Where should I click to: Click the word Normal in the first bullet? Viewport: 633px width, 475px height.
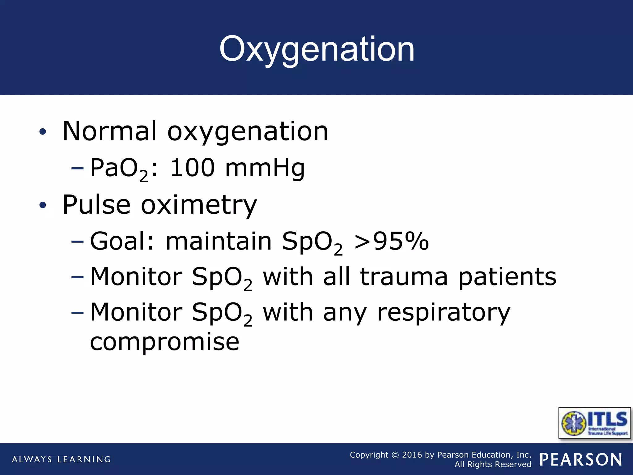click(x=109, y=131)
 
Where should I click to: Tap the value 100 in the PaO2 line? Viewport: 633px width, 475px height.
click(x=192, y=168)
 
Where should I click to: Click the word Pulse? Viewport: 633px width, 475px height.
click(x=96, y=205)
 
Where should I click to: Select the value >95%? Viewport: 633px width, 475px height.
click(x=391, y=241)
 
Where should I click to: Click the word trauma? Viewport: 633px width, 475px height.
click(x=404, y=277)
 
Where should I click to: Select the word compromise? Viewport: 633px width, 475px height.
click(x=164, y=342)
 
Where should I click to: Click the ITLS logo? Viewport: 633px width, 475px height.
click(x=594, y=423)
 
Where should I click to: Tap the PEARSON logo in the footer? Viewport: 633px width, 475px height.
click(x=581, y=460)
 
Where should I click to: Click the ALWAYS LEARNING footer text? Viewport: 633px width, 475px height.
click(x=61, y=459)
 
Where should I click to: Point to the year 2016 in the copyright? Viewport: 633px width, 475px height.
click(x=412, y=455)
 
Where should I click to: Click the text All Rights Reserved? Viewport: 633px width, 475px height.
click(x=493, y=464)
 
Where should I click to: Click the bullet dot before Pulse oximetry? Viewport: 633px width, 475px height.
click(x=43, y=205)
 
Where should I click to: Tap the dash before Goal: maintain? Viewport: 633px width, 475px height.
click(x=77, y=241)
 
